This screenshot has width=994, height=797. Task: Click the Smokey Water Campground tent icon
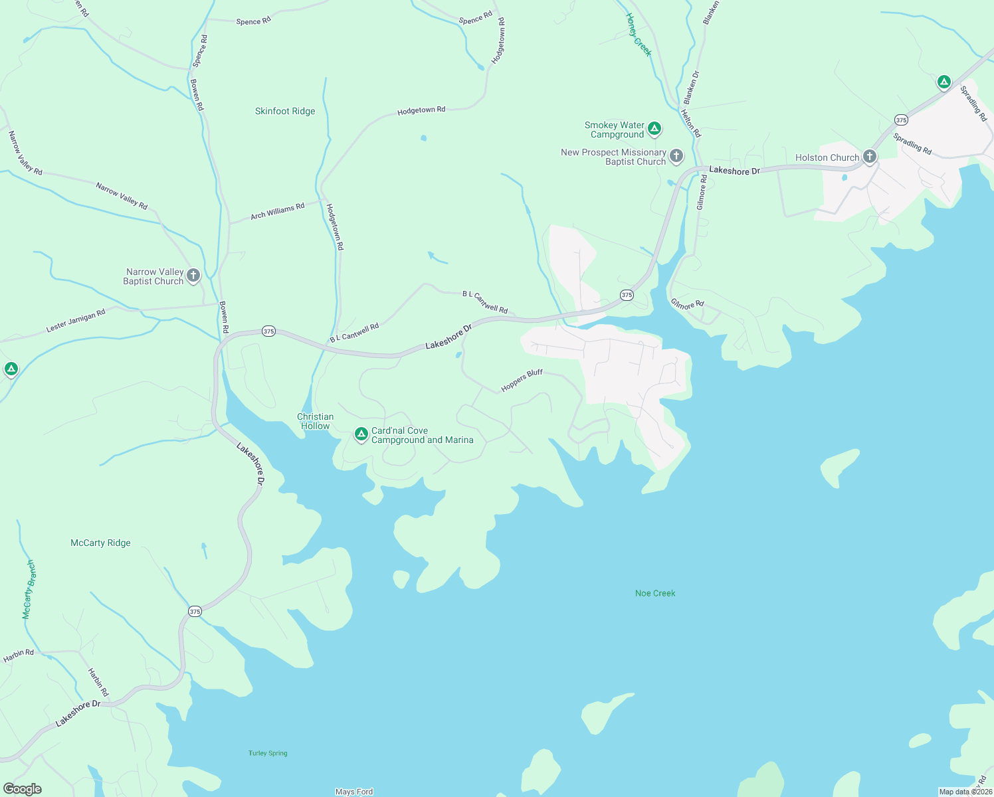point(654,128)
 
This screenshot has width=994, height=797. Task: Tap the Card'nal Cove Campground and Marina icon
point(361,434)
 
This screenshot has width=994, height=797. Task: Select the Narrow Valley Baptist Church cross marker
point(193,275)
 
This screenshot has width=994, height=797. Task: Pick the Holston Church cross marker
point(869,157)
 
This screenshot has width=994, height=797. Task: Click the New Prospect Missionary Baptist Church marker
point(676,156)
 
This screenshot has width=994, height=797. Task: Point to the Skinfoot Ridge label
point(285,111)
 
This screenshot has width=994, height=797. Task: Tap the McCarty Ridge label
point(100,543)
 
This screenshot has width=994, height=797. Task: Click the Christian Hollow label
point(315,421)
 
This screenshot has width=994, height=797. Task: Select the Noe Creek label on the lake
point(655,593)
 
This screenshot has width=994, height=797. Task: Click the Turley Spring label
point(268,753)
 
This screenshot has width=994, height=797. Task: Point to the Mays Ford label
point(354,792)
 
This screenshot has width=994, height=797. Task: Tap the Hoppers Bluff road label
point(522,381)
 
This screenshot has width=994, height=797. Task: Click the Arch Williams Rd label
point(277,211)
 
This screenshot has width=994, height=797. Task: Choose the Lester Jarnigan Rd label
point(76,321)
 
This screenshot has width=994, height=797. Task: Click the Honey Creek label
point(639,35)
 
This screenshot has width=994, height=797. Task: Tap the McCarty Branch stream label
point(29,589)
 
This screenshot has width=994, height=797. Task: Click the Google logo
point(23,789)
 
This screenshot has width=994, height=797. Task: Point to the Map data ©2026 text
point(965,792)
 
